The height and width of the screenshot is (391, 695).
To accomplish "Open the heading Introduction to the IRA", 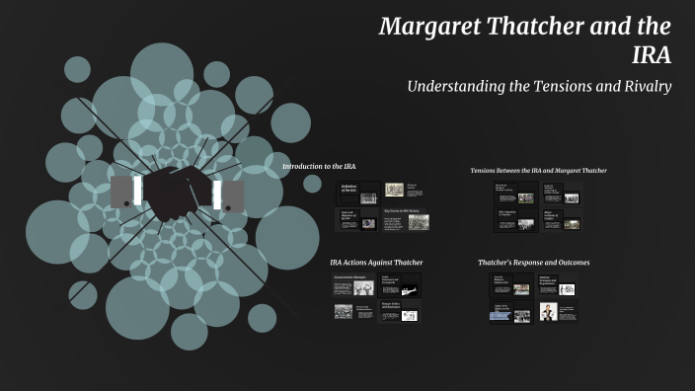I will (x=324, y=166).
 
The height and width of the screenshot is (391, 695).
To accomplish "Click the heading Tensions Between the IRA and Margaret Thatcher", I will (x=538, y=170).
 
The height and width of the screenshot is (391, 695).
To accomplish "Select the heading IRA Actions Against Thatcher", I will (x=376, y=263).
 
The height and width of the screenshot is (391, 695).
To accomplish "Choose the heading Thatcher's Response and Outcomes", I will (x=533, y=263).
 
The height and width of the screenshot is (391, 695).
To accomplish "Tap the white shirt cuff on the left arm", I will (x=136, y=193).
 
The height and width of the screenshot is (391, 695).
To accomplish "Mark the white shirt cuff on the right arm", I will (x=216, y=194).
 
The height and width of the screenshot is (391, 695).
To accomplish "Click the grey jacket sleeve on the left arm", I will (x=120, y=193).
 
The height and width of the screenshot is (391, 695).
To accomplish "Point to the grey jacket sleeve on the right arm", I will (x=234, y=195).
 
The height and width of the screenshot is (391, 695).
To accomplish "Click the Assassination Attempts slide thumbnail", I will (x=356, y=285).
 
